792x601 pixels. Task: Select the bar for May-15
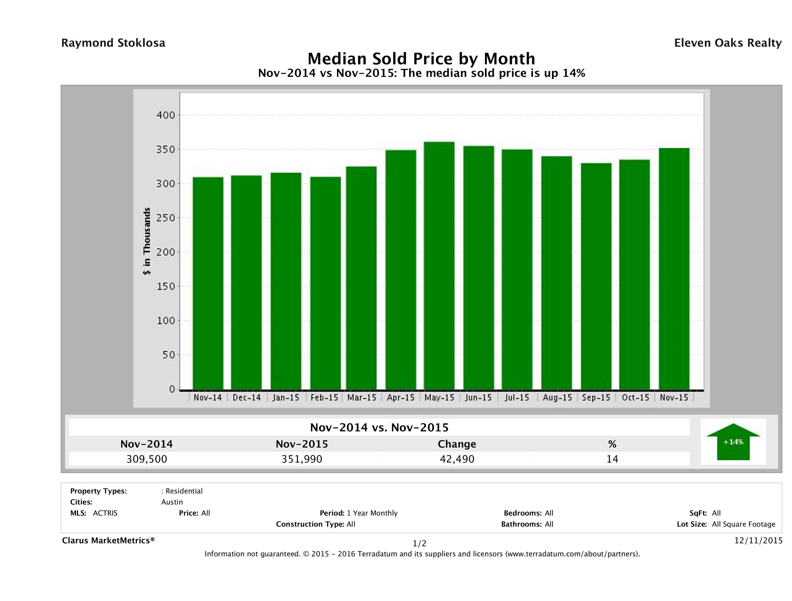pos(439,266)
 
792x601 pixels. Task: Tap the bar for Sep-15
pos(596,276)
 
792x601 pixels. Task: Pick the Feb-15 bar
pos(325,283)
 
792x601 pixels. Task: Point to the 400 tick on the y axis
pos(166,115)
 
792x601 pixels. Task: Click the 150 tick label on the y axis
pos(166,287)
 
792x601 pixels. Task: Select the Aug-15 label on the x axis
pos(557,397)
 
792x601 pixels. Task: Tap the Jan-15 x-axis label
pos(285,397)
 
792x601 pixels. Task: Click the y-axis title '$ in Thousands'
pos(147,241)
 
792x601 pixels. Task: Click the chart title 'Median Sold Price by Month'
pos(421,59)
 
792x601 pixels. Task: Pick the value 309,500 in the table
pos(147,459)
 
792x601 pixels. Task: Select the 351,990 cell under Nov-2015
pos(302,459)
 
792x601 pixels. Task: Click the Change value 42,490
pos(457,459)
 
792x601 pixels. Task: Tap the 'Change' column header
pos(457,444)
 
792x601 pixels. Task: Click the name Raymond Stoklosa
pos(113,43)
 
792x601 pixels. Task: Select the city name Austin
pos(172,502)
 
